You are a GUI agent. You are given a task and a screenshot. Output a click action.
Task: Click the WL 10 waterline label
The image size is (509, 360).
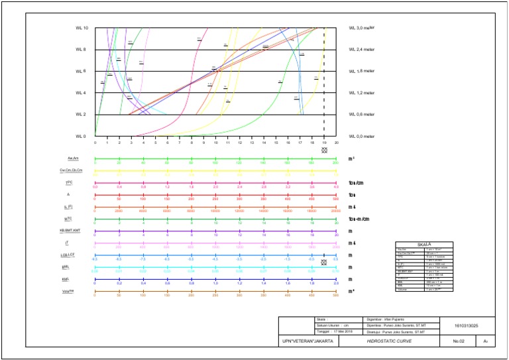(x=82, y=28)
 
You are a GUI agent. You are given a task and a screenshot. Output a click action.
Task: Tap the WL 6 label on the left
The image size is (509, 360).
(x=81, y=71)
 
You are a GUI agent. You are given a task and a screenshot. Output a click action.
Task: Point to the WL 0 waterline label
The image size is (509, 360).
(x=81, y=136)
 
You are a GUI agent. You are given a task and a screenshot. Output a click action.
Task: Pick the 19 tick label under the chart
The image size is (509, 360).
(x=324, y=143)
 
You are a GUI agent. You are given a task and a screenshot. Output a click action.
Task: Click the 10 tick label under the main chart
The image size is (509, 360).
(x=215, y=143)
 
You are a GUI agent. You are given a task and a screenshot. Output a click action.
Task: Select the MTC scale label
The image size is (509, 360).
(x=68, y=218)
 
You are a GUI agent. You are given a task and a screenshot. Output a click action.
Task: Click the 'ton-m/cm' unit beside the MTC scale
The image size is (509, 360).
(x=358, y=219)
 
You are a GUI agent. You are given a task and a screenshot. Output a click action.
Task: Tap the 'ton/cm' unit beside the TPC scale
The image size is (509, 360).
(x=355, y=182)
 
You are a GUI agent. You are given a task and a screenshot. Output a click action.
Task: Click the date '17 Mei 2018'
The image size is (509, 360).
(x=343, y=331)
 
